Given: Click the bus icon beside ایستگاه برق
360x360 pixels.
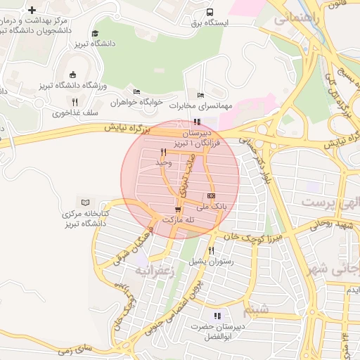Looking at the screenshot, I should (210, 12).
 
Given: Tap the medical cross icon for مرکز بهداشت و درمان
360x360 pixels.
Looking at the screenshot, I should (32, 10).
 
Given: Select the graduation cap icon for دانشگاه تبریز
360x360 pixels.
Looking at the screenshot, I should (95, 34).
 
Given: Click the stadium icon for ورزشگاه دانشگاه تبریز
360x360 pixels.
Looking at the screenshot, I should (72, 75).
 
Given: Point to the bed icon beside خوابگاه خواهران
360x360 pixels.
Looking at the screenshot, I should (136, 91).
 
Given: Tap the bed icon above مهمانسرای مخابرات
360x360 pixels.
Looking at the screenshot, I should (201, 95).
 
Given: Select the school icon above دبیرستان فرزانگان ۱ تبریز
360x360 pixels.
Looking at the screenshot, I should (197, 122).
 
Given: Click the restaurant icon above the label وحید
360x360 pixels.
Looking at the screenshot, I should (163, 152).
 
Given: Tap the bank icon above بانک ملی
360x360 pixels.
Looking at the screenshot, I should (211, 196).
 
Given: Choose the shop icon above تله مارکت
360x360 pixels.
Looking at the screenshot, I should (177, 209).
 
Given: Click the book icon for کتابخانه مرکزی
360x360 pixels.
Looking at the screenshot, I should (86, 202).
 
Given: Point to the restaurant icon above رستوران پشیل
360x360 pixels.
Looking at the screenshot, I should (211, 250).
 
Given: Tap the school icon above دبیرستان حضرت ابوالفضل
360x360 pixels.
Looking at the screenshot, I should (217, 316).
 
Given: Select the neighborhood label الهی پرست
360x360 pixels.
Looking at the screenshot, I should (326, 202).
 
